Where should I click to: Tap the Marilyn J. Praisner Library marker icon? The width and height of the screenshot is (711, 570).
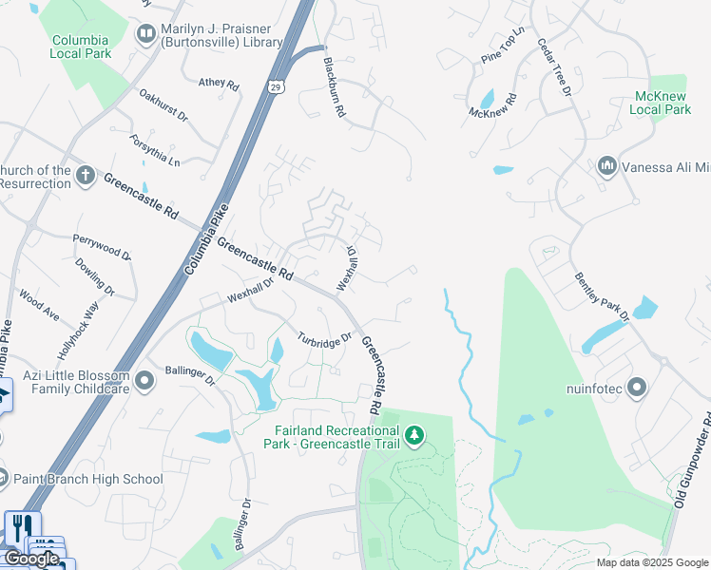tap(145, 35)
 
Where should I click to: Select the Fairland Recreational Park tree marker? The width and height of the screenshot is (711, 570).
tap(413, 435)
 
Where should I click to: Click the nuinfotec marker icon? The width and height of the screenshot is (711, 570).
tap(637, 388)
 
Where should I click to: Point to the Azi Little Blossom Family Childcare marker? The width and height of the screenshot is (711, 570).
tap(144, 382)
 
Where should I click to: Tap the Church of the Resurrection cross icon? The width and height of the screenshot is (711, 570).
tap(86, 176)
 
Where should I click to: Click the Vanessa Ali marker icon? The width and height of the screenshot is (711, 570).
tap(606, 167)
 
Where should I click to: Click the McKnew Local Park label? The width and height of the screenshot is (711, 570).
tap(660, 103)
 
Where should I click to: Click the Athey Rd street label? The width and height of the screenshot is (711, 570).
tap(219, 83)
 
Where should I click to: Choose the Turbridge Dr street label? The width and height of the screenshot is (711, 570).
tap(324, 339)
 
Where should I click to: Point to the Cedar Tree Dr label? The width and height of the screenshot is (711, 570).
tap(553, 67)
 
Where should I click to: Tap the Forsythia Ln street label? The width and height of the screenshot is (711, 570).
tap(155, 151)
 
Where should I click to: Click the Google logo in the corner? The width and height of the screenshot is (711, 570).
tap(31, 559)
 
